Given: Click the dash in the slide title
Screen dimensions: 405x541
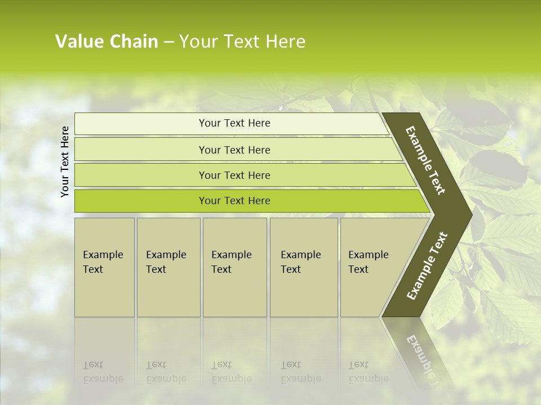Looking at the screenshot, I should point(168,42).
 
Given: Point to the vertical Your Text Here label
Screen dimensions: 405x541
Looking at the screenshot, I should point(65,161).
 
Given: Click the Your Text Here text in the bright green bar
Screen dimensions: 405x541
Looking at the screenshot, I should point(234,201).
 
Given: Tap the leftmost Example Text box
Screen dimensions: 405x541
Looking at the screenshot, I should point(104,267).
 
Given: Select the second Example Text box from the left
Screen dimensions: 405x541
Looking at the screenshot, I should point(168,267).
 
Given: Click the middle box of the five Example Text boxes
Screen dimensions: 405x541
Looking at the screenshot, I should point(234,267).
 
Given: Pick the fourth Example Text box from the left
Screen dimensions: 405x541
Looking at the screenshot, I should point(304,267).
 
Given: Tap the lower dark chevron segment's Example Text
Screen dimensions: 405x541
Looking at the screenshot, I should point(427,265).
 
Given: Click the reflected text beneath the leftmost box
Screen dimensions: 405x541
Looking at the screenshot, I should point(103,372).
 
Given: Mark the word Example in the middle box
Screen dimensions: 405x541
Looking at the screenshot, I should point(231,255).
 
